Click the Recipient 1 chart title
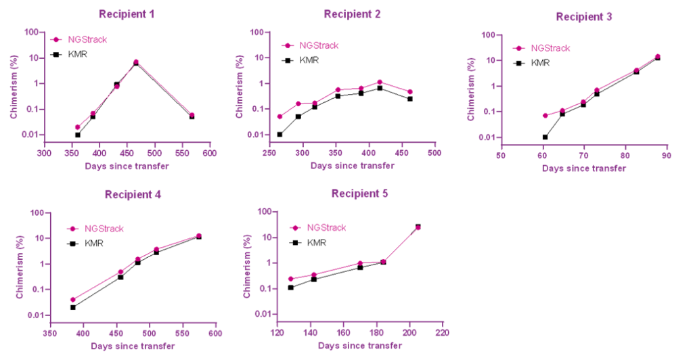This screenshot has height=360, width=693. (126, 14)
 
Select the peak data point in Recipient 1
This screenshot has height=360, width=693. (136, 61)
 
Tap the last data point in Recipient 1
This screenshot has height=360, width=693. (192, 114)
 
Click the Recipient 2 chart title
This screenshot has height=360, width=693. (352, 14)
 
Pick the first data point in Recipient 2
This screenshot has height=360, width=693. (280, 116)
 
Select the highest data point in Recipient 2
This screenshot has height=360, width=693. (380, 82)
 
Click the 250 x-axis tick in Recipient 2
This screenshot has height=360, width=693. (270, 153)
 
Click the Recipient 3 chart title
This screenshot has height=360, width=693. (583, 16)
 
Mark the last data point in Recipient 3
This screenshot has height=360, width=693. (657, 55)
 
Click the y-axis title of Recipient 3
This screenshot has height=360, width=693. (472, 89)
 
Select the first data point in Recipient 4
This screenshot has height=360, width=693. (73, 300)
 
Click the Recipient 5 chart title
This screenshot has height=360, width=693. (359, 194)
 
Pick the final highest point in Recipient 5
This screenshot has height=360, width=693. (418, 227)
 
